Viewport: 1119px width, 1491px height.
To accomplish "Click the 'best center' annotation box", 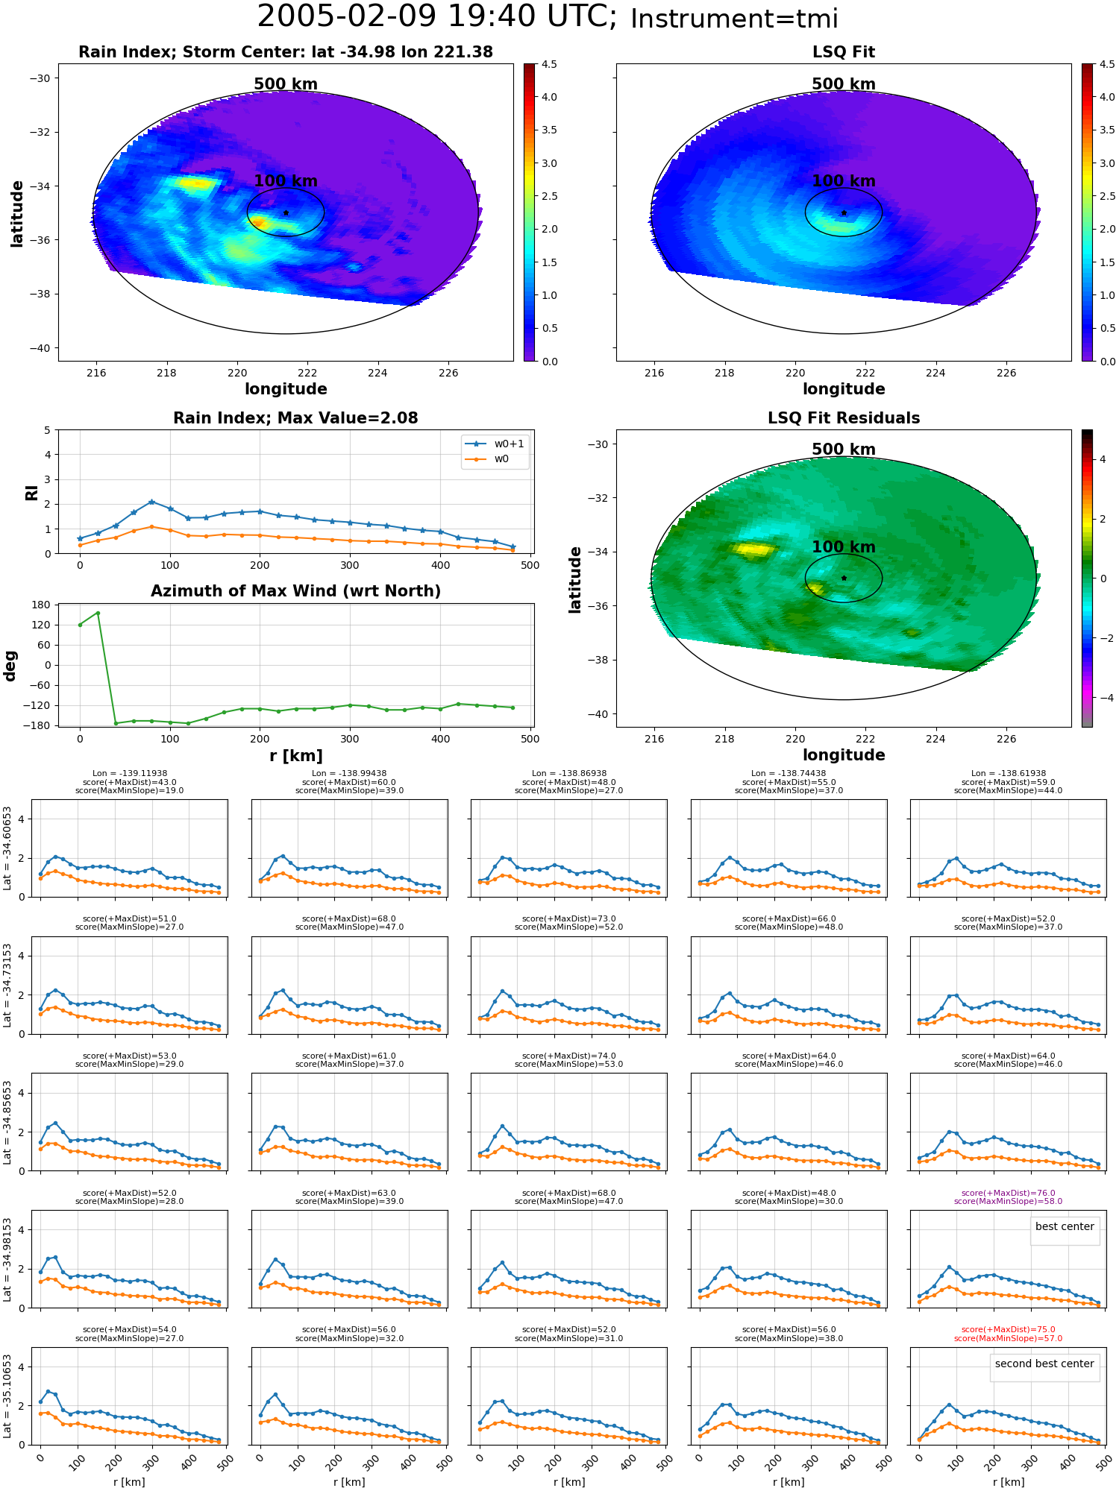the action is click(1065, 1226).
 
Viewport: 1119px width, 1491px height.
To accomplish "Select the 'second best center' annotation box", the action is click(1044, 1364).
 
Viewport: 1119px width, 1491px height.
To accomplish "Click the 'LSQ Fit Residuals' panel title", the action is click(844, 418).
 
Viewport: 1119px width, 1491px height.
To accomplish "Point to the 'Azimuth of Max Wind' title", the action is click(295, 591).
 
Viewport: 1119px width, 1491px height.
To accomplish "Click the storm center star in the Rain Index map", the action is click(286, 212).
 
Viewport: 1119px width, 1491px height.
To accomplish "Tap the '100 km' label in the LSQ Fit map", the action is click(844, 181).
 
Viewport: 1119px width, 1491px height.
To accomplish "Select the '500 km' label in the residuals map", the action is click(844, 450).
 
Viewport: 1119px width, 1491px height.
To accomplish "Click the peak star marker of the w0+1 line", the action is click(151, 502).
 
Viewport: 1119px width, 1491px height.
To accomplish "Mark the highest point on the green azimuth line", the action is click(98, 613).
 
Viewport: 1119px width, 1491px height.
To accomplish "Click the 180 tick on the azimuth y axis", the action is click(42, 605).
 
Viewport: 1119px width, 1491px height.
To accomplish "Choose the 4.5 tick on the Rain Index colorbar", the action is click(549, 65).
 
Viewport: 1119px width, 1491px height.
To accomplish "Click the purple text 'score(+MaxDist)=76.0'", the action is click(1008, 1193).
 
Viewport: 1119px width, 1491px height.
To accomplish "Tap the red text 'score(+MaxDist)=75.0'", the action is click(1008, 1329).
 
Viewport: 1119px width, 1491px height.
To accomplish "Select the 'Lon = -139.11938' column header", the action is click(130, 773).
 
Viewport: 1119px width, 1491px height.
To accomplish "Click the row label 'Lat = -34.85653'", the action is click(7, 1123).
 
